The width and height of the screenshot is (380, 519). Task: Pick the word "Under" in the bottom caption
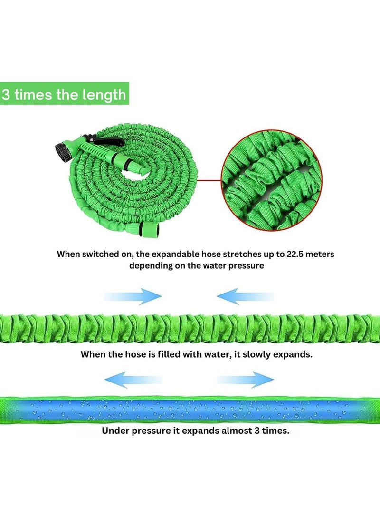(115, 431)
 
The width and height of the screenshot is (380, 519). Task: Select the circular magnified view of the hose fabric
(271, 180)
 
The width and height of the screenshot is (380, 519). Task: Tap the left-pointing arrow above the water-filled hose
(133, 380)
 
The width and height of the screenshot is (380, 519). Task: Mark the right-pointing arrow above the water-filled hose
(246, 380)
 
